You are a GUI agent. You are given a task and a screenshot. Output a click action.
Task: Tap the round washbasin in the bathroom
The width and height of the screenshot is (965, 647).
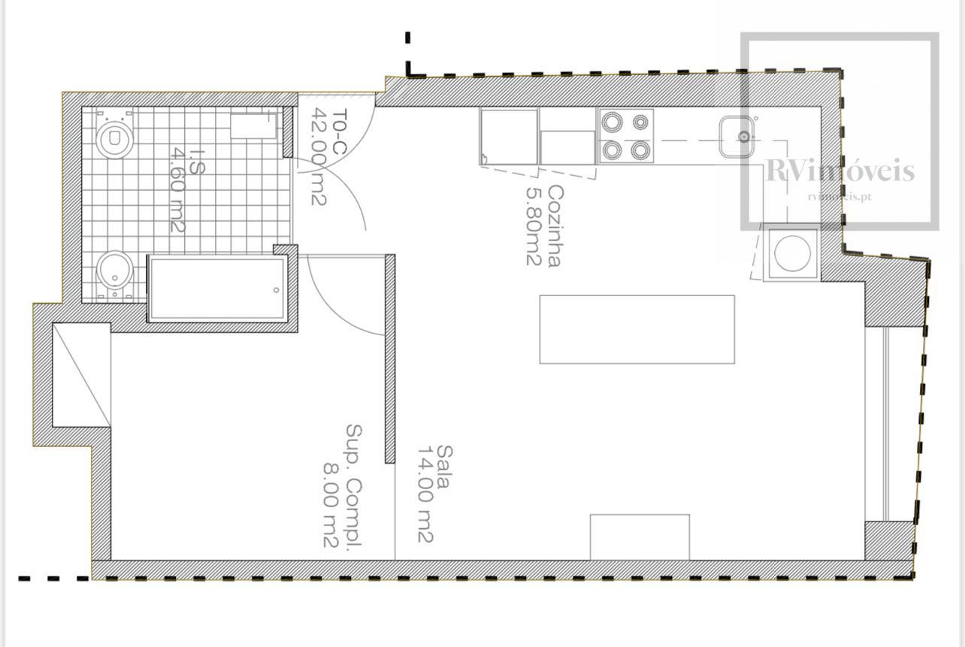(114, 271)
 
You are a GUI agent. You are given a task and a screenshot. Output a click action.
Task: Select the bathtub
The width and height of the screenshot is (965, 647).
(217, 288)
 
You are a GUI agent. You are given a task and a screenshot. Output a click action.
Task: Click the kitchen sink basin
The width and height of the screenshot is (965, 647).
(737, 137)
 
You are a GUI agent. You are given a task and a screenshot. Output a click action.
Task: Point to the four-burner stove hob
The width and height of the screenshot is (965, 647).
(625, 136)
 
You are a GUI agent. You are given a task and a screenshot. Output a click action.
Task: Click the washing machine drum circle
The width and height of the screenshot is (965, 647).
(792, 252)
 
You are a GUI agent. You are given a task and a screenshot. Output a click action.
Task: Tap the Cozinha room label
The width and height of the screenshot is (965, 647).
(555, 226)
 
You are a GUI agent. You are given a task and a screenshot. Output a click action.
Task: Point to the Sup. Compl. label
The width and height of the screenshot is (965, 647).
(354, 485)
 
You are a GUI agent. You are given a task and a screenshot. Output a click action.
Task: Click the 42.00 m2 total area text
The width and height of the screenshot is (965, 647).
(319, 156)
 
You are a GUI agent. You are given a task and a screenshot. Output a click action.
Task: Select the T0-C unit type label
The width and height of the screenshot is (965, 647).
(339, 132)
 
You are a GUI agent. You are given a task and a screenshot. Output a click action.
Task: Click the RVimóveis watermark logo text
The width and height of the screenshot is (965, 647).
(840, 171)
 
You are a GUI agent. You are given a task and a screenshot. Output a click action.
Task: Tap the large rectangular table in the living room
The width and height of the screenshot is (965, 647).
(637, 330)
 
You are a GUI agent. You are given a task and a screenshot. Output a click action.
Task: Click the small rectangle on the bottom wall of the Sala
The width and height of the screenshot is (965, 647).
(640, 537)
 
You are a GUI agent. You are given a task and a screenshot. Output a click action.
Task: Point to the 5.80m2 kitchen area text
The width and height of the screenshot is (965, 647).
(534, 226)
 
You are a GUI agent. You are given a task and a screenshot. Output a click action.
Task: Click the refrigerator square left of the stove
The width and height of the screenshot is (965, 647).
(509, 137)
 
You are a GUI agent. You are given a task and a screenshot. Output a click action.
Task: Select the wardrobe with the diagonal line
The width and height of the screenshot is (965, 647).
(81, 375)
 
